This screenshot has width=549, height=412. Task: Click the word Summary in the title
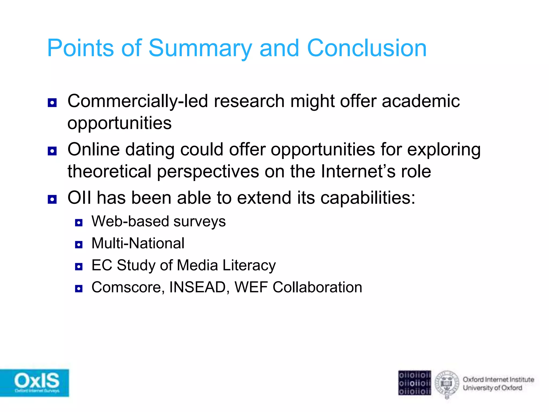pos(200,48)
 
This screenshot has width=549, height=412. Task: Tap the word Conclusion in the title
pos(366,48)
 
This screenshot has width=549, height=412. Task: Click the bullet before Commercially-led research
pos(52,103)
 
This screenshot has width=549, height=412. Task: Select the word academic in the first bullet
pos(421,101)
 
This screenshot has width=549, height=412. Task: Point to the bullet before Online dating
pos(52,151)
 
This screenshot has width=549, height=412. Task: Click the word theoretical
pos(109,172)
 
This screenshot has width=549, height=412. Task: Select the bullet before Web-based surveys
pos(79,223)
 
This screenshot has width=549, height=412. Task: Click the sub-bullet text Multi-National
pos(138,243)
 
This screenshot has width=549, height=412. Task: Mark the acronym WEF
pos(251,287)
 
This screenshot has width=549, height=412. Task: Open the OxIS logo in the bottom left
pos(34,383)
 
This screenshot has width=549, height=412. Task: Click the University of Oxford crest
pos(447,384)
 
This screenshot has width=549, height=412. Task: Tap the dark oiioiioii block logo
pos(414,383)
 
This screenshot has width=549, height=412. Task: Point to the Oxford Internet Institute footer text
pos(498,380)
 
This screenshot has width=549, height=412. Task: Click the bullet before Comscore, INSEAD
pos(79,289)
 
